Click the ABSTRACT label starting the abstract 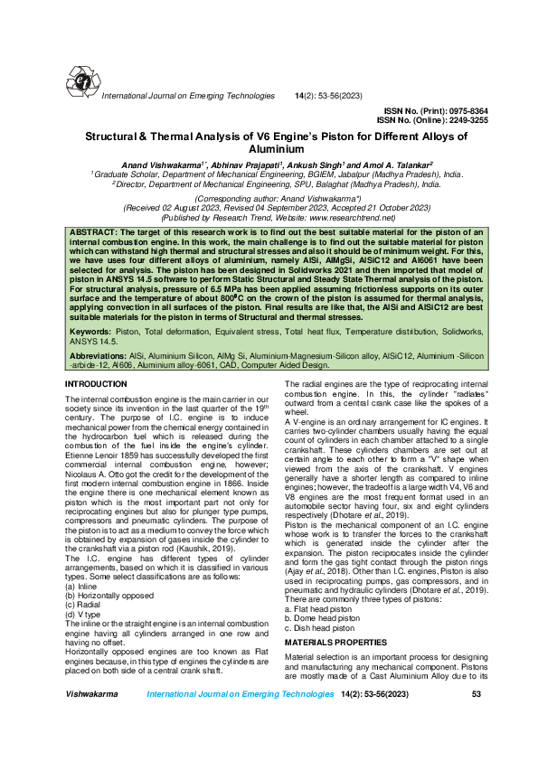click(95, 233)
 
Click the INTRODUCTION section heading click(96, 384)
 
